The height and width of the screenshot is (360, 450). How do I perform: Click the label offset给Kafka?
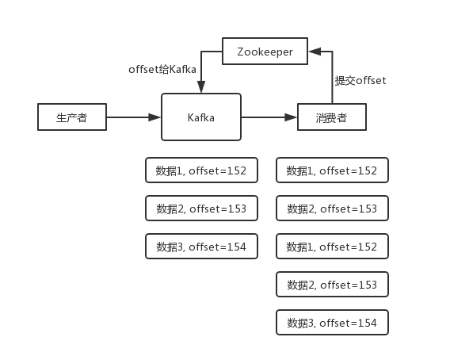click(x=162, y=69)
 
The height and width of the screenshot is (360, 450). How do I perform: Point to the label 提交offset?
click(x=360, y=80)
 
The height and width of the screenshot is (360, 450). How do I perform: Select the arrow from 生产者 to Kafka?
click(x=133, y=117)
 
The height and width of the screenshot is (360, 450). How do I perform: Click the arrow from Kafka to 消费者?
click(x=269, y=117)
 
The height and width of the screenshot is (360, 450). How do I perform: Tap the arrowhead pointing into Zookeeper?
click(x=315, y=52)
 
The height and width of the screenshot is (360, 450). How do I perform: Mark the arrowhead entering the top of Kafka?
click(x=201, y=86)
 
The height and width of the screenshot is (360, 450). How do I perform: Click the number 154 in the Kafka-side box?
click(x=237, y=247)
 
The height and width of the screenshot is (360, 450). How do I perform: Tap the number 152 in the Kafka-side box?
click(x=237, y=170)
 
